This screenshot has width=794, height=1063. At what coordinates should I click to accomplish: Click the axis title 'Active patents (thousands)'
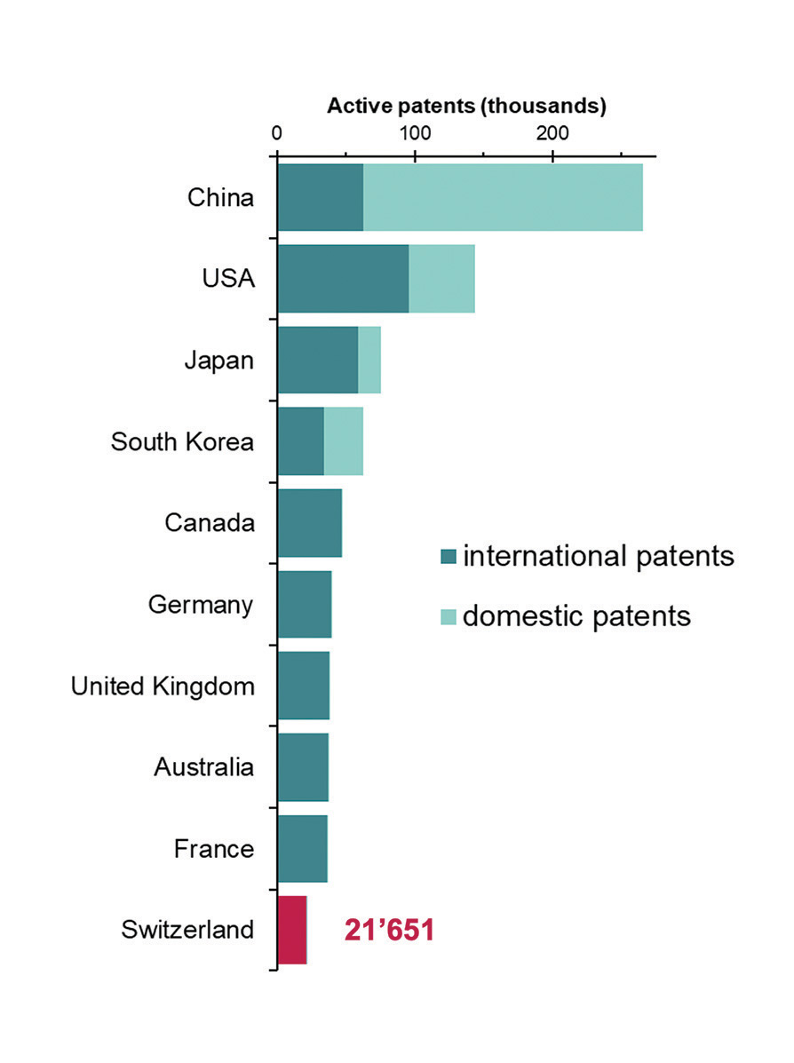tap(466, 107)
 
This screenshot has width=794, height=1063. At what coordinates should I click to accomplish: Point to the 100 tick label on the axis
tap(414, 133)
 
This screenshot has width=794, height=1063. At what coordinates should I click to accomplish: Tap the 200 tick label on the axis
tap(552, 133)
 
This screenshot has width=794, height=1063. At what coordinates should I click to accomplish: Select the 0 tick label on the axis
tap(276, 133)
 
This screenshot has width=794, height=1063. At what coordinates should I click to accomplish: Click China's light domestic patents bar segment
tap(503, 197)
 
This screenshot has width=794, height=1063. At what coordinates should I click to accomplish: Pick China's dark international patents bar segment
tap(321, 197)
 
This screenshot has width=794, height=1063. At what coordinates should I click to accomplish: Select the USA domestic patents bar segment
tap(441, 279)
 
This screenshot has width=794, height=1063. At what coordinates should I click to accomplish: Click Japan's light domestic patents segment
tap(369, 360)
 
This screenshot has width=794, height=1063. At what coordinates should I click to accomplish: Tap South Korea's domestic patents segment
tap(344, 441)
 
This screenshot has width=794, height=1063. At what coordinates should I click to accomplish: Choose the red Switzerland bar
tap(292, 930)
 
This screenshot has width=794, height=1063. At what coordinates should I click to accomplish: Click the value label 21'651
tap(389, 931)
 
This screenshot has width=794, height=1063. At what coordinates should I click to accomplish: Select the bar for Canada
tap(310, 523)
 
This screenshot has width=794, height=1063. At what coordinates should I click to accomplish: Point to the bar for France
tap(303, 849)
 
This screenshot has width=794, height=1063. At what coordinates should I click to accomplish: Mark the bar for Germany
tap(305, 605)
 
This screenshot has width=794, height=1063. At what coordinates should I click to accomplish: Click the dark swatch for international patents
tap(449, 558)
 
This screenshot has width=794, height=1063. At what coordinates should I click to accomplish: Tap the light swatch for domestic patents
tap(449, 615)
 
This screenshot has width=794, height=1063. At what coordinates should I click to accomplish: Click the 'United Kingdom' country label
tap(163, 686)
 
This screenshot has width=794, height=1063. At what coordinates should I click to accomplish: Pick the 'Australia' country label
tap(204, 767)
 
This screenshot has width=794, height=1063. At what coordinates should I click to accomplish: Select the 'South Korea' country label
tap(182, 441)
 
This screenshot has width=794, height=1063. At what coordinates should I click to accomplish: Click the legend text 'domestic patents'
tap(576, 615)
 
